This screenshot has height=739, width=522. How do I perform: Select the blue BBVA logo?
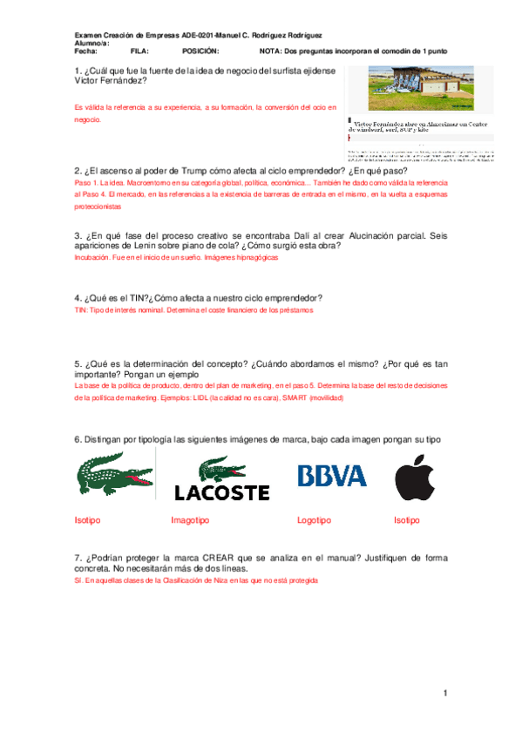(x=331, y=475)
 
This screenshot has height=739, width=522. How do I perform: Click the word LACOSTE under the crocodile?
(x=221, y=492)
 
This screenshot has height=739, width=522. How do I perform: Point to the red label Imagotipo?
(x=189, y=520)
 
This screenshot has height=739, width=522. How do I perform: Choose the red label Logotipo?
(x=314, y=520)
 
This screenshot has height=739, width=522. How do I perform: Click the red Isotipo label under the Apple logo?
(x=407, y=520)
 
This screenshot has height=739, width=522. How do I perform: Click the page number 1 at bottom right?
(x=444, y=693)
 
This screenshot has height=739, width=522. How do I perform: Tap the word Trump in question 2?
(x=186, y=171)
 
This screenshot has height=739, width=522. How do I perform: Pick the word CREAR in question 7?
(x=218, y=556)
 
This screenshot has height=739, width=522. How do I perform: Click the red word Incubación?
(x=92, y=259)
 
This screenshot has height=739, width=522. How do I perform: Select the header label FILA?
(x=139, y=51)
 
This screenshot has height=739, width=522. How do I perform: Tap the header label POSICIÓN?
(x=200, y=51)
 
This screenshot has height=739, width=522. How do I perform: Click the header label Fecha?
(x=87, y=51)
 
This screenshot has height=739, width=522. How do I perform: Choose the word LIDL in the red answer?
(x=199, y=397)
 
